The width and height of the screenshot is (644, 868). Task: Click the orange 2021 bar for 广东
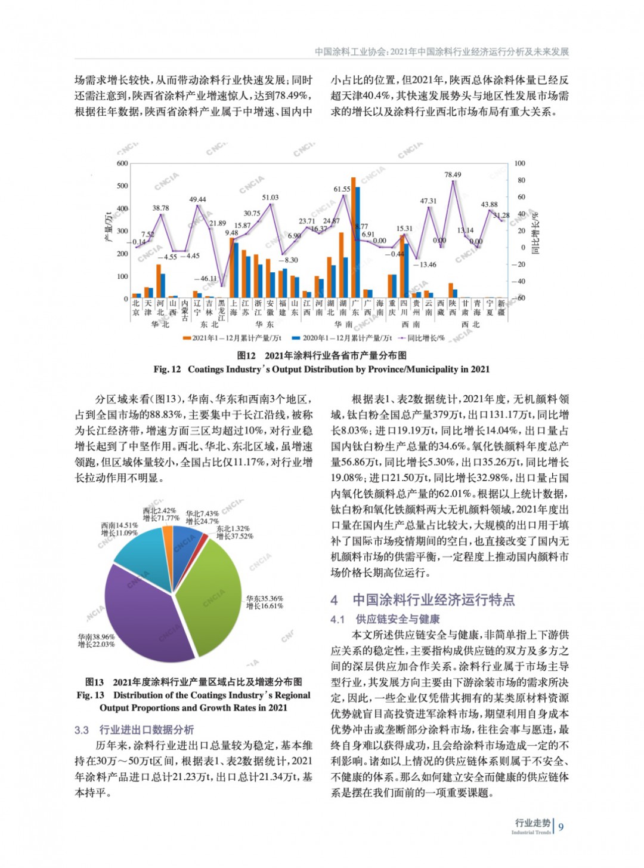click(353, 239)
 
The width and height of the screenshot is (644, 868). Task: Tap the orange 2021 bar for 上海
click(231, 268)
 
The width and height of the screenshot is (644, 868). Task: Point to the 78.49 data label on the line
click(453, 175)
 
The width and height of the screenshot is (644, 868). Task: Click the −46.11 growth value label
click(205, 278)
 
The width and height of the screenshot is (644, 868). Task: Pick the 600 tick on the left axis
click(122, 164)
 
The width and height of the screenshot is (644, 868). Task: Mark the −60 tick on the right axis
click(519, 298)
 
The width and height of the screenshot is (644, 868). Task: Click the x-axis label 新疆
click(501, 308)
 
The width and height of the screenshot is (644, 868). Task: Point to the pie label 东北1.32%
click(233, 529)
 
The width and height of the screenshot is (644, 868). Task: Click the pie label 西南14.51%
click(119, 526)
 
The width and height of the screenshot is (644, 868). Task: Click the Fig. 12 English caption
click(321, 370)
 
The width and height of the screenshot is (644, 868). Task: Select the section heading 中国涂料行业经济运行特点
click(434, 600)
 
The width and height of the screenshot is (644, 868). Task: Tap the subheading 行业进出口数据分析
click(146, 730)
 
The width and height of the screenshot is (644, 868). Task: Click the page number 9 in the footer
click(561, 827)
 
